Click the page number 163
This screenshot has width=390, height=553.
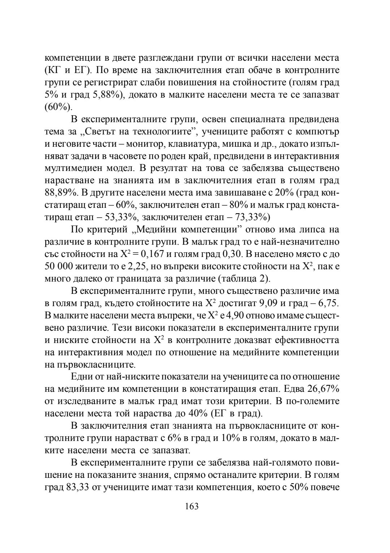click(192, 506)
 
